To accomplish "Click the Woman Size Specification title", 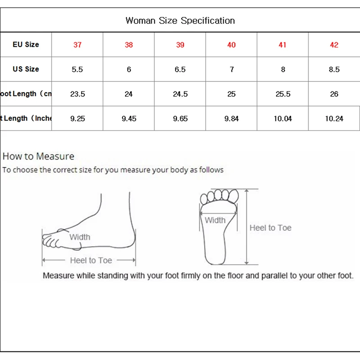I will click(180, 20).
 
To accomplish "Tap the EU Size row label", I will click(26, 45).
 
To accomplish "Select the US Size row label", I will click(26, 69).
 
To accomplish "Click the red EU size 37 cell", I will click(77, 45).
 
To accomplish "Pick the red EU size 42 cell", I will click(334, 45).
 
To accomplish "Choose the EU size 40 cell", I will click(231, 45).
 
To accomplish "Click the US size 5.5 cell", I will click(77, 70).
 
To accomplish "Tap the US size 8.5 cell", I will click(334, 70).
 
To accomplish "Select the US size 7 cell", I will click(231, 70).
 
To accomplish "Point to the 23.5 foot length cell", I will click(77, 94).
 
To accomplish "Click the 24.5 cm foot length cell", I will click(180, 94).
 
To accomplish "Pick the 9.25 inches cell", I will click(77, 119).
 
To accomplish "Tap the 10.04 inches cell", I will click(283, 119).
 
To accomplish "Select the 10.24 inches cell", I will click(334, 119).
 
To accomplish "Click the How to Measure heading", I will click(38, 157).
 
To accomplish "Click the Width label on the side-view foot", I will click(80, 237).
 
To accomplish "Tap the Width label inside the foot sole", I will click(215, 220).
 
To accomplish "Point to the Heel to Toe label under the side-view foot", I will click(91, 260).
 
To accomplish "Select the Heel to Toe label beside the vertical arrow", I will click(270, 228).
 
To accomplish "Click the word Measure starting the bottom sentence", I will click(58, 275).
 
